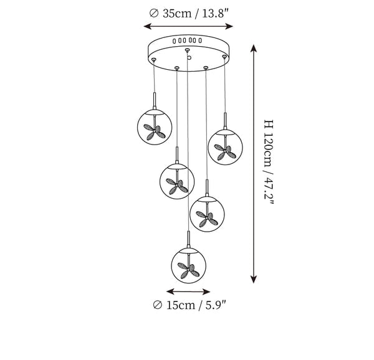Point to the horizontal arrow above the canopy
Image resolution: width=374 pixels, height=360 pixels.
click(188, 26)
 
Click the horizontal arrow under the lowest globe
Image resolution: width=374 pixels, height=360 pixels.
click(188, 291)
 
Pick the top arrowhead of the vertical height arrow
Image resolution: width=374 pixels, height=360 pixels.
click(254, 48)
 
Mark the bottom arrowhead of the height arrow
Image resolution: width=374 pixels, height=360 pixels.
click(254, 279)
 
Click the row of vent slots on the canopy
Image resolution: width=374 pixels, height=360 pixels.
click(187, 40)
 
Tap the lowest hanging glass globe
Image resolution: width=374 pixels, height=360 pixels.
click(189, 266)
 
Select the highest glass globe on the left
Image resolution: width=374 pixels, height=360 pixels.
click(155, 127)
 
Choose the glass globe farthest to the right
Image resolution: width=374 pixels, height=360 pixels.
click(225, 147)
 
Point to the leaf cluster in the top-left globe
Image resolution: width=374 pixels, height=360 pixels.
click(155, 132)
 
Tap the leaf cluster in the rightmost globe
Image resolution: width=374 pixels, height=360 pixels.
click(225, 152)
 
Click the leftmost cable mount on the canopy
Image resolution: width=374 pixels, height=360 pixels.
click(153, 59)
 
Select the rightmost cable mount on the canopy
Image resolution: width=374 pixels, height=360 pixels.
click(224, 57)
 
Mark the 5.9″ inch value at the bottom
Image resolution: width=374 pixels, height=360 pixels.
click(216, 305)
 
